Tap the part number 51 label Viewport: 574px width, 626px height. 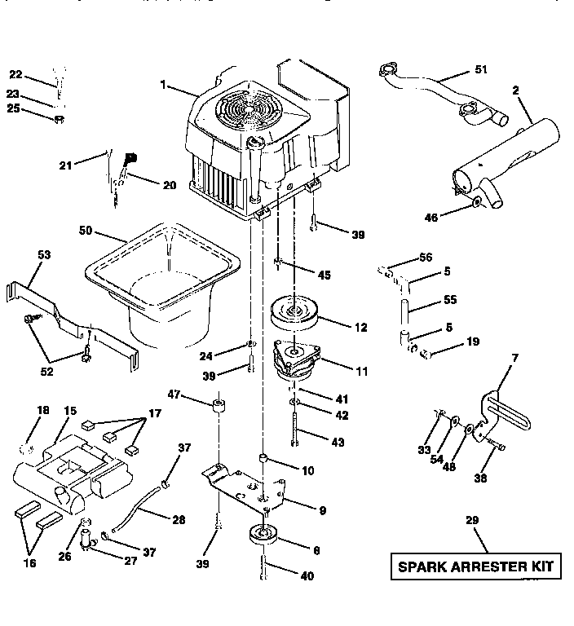(481, 70)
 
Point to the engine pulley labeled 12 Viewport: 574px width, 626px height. (294, 313)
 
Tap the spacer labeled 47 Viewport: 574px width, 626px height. (218, 405)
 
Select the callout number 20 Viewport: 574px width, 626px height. (170, 185)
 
